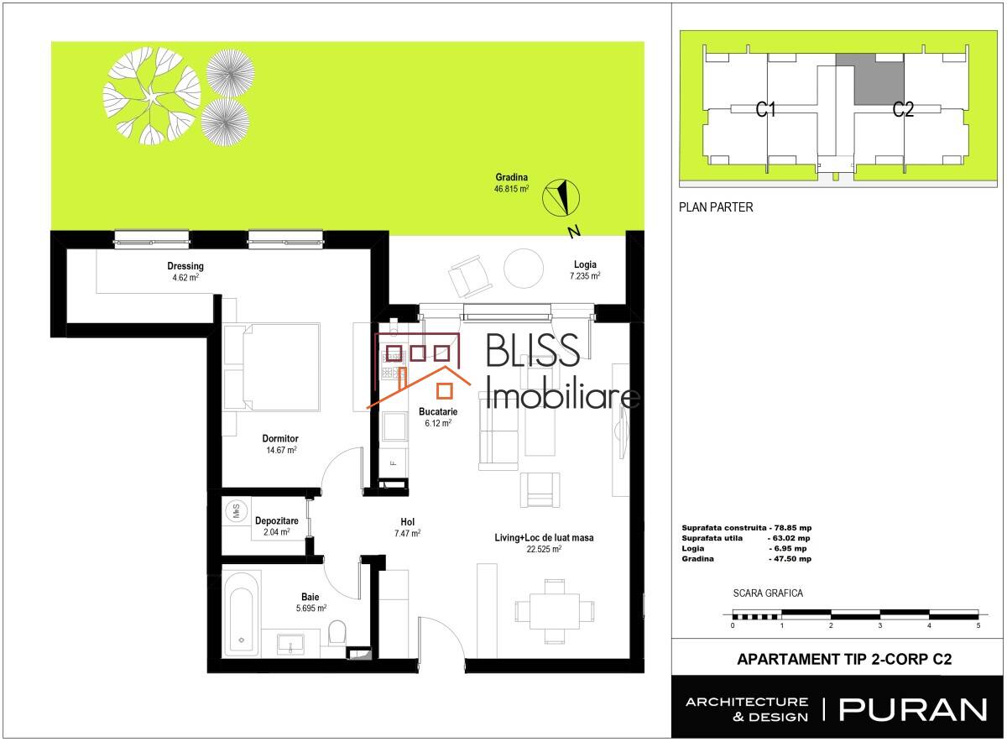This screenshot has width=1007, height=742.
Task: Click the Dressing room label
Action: point(185,266)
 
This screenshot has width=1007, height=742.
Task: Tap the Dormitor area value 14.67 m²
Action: point(281,450)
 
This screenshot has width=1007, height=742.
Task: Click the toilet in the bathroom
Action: point(337,632)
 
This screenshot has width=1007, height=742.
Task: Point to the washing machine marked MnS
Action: point(237,510)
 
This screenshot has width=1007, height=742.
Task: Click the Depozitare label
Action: point(276,520)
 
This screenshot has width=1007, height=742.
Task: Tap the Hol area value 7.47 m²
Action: point(407,533)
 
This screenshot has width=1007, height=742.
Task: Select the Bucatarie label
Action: point(438,411)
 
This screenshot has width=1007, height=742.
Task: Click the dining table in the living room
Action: point(555,612)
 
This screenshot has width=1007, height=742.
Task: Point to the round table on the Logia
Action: point(524,269)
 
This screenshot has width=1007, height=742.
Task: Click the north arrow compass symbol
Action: point(561,198)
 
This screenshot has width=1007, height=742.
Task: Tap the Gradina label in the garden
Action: point(512,177)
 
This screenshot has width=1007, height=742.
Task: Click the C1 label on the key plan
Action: point(765,109)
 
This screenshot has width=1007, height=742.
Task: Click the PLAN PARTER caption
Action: point(716,207)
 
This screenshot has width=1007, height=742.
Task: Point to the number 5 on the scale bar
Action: point(978,625)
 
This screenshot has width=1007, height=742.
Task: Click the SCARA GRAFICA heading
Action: point(768,593)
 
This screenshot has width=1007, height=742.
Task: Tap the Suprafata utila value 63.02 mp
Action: point(791,538)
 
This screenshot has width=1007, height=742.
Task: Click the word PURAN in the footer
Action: point(913,710)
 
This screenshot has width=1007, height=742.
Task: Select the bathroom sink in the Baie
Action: point(290,645)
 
